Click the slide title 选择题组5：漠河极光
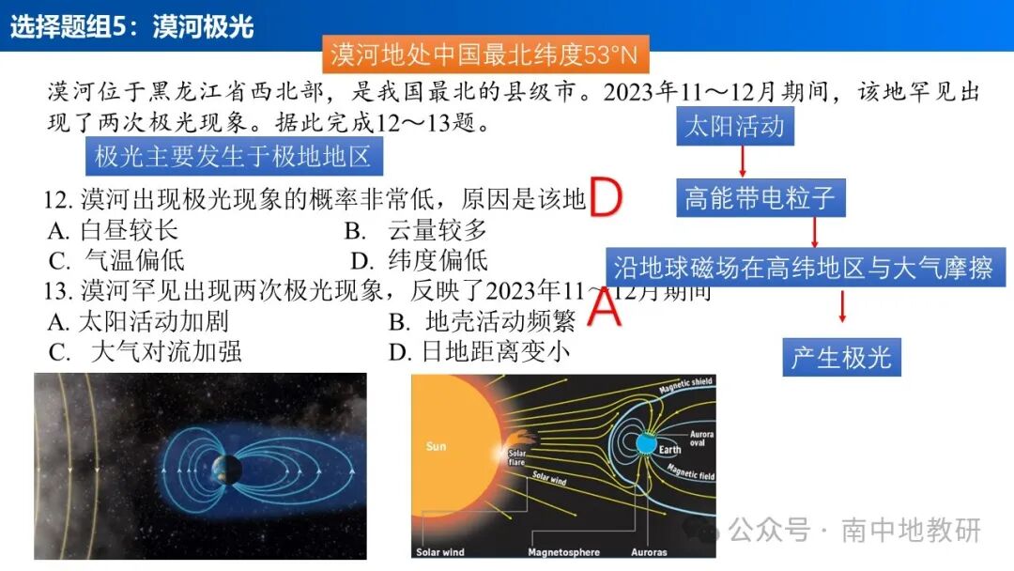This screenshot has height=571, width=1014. [x=132, y=26]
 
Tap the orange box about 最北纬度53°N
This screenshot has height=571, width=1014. [x=484, y=55]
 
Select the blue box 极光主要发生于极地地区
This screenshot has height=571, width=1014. [x=234, y=156]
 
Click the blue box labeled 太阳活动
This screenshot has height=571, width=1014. [x=734, y=126]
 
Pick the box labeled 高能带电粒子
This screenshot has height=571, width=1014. [x=760, y=198]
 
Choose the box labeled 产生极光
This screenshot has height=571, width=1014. [x=841, y=358]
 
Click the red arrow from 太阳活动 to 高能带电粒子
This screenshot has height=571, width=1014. [x=743, y=162]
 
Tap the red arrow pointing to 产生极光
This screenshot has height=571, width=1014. [x=842, y=307]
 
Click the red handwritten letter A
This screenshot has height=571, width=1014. [x=604, y=307]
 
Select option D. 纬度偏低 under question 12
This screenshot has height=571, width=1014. [x=419, y=260]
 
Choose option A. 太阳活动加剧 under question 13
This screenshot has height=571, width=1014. [x=139, y=322]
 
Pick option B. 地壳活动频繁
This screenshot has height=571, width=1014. [x=482, y=322]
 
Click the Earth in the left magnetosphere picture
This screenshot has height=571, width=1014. [x=226, y=467]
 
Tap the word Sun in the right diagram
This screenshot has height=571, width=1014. [x=436, y=446]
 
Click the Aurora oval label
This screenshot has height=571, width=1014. [x=701, y=439]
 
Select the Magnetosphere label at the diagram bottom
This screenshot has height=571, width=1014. [x=563, y=552]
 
